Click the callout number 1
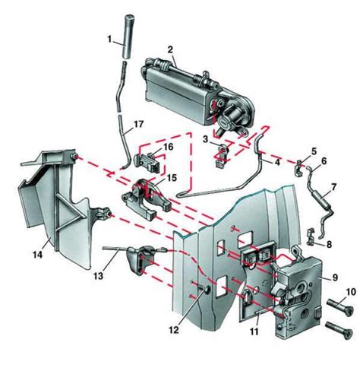[x=109, y=40]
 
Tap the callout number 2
[x=170, y=49]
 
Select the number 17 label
[x=139, y=124]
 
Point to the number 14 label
[x=38, y=255]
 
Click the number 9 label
[x=335, y=278]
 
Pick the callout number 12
[x=174, y=330]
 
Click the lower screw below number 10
[x=339, y=328]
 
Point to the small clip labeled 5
[x=298, y=167]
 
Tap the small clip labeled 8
[x=311, y=236]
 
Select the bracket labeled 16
[x=147, y=162]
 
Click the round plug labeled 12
[x=207, y=290]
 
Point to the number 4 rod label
[x=277, y=162]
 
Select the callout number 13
[x=98, y=275]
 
